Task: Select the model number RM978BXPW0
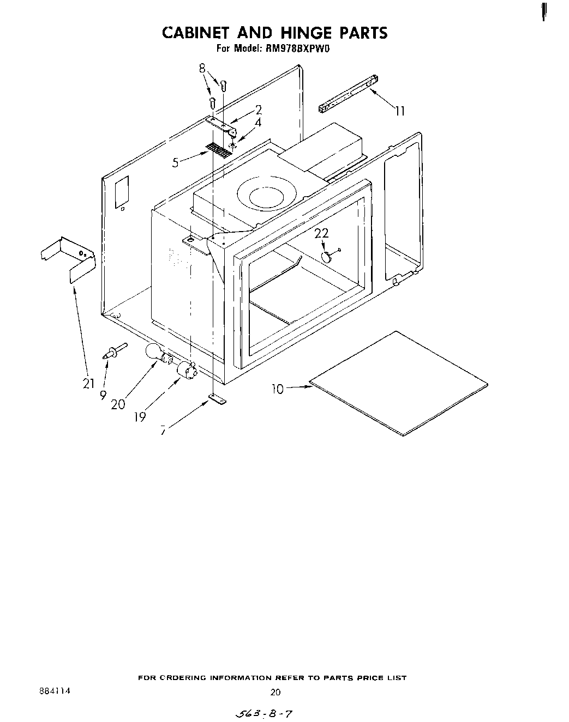point(297,49)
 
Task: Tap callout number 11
point(400,111)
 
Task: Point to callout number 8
point(203,69)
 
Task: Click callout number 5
point(176,162)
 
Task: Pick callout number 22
point(322,233)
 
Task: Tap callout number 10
point(278,389)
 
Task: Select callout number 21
point(89,384)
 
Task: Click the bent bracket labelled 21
point(68,259)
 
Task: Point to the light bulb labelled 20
point(154,354)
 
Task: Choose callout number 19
point(140,417)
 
